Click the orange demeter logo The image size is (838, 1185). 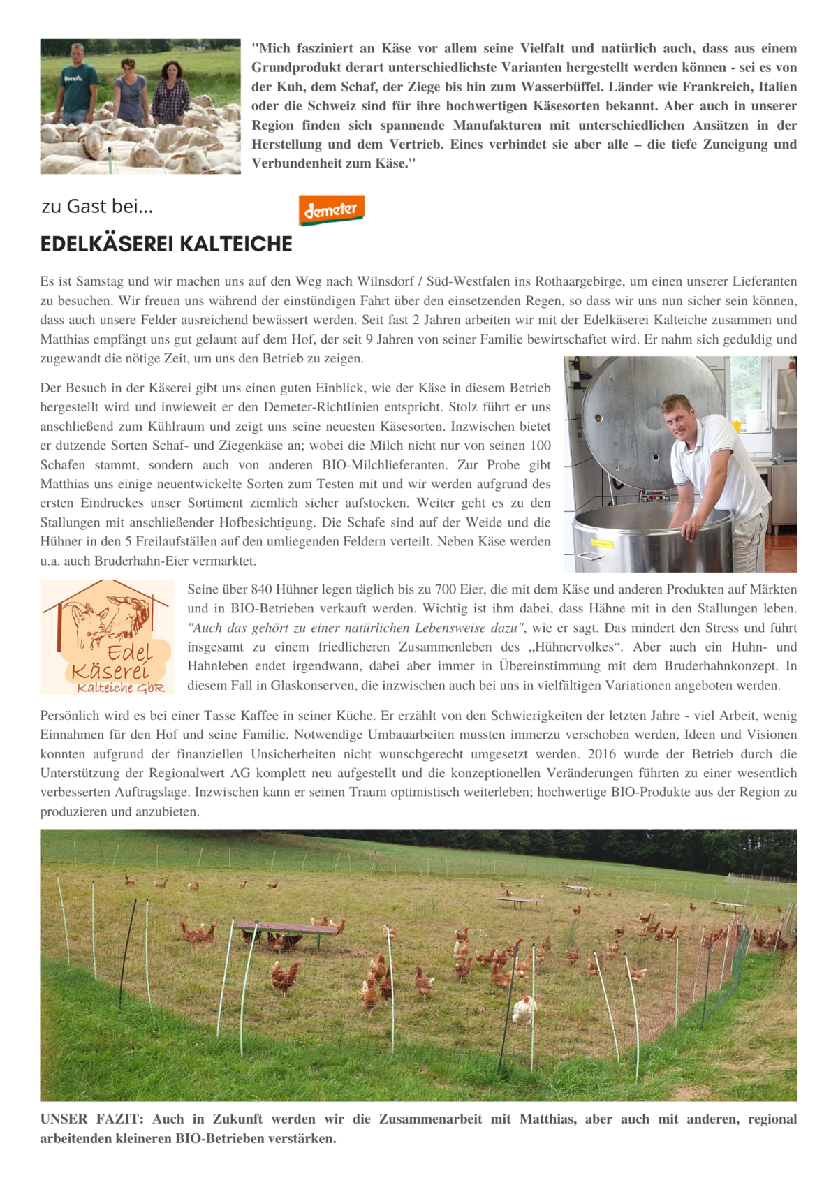pos(332,209)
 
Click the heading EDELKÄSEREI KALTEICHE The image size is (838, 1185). pos(166,244)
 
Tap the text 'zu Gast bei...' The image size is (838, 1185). pos(97,207)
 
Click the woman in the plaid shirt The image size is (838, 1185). pos(170,91)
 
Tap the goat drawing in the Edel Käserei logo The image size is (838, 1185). pos(108,618)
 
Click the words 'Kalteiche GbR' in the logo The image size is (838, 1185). pos(121,688)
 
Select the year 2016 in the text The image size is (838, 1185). pos(602,754)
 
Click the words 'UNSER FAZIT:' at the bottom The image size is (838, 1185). pos(91,1119)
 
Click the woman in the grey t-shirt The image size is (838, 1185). pos(131,91)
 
